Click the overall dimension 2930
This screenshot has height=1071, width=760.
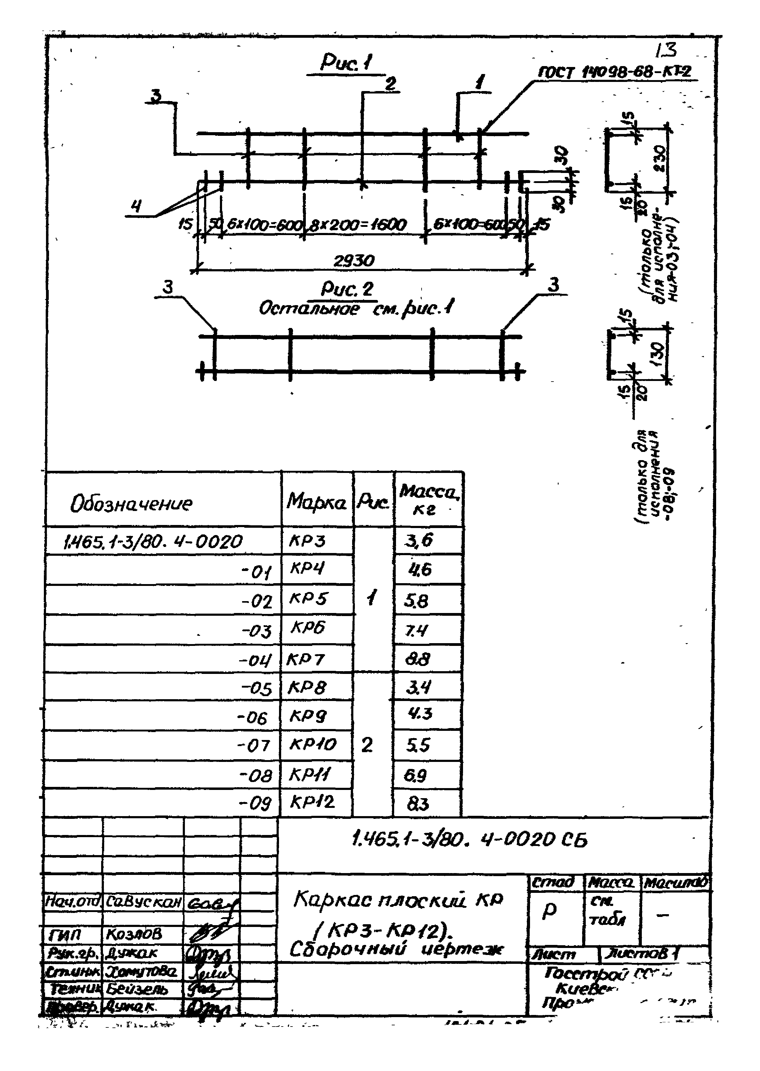pos(353,261)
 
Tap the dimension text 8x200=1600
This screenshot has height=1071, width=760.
pos(359,225)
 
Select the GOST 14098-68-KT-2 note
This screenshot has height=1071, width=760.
pos(614,72)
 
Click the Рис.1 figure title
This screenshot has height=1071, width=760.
pos(346,63)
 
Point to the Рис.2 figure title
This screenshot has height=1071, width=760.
pos(347,289)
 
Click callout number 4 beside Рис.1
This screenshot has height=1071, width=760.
pos(136,206)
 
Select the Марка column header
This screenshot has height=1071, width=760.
pos(316,502)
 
